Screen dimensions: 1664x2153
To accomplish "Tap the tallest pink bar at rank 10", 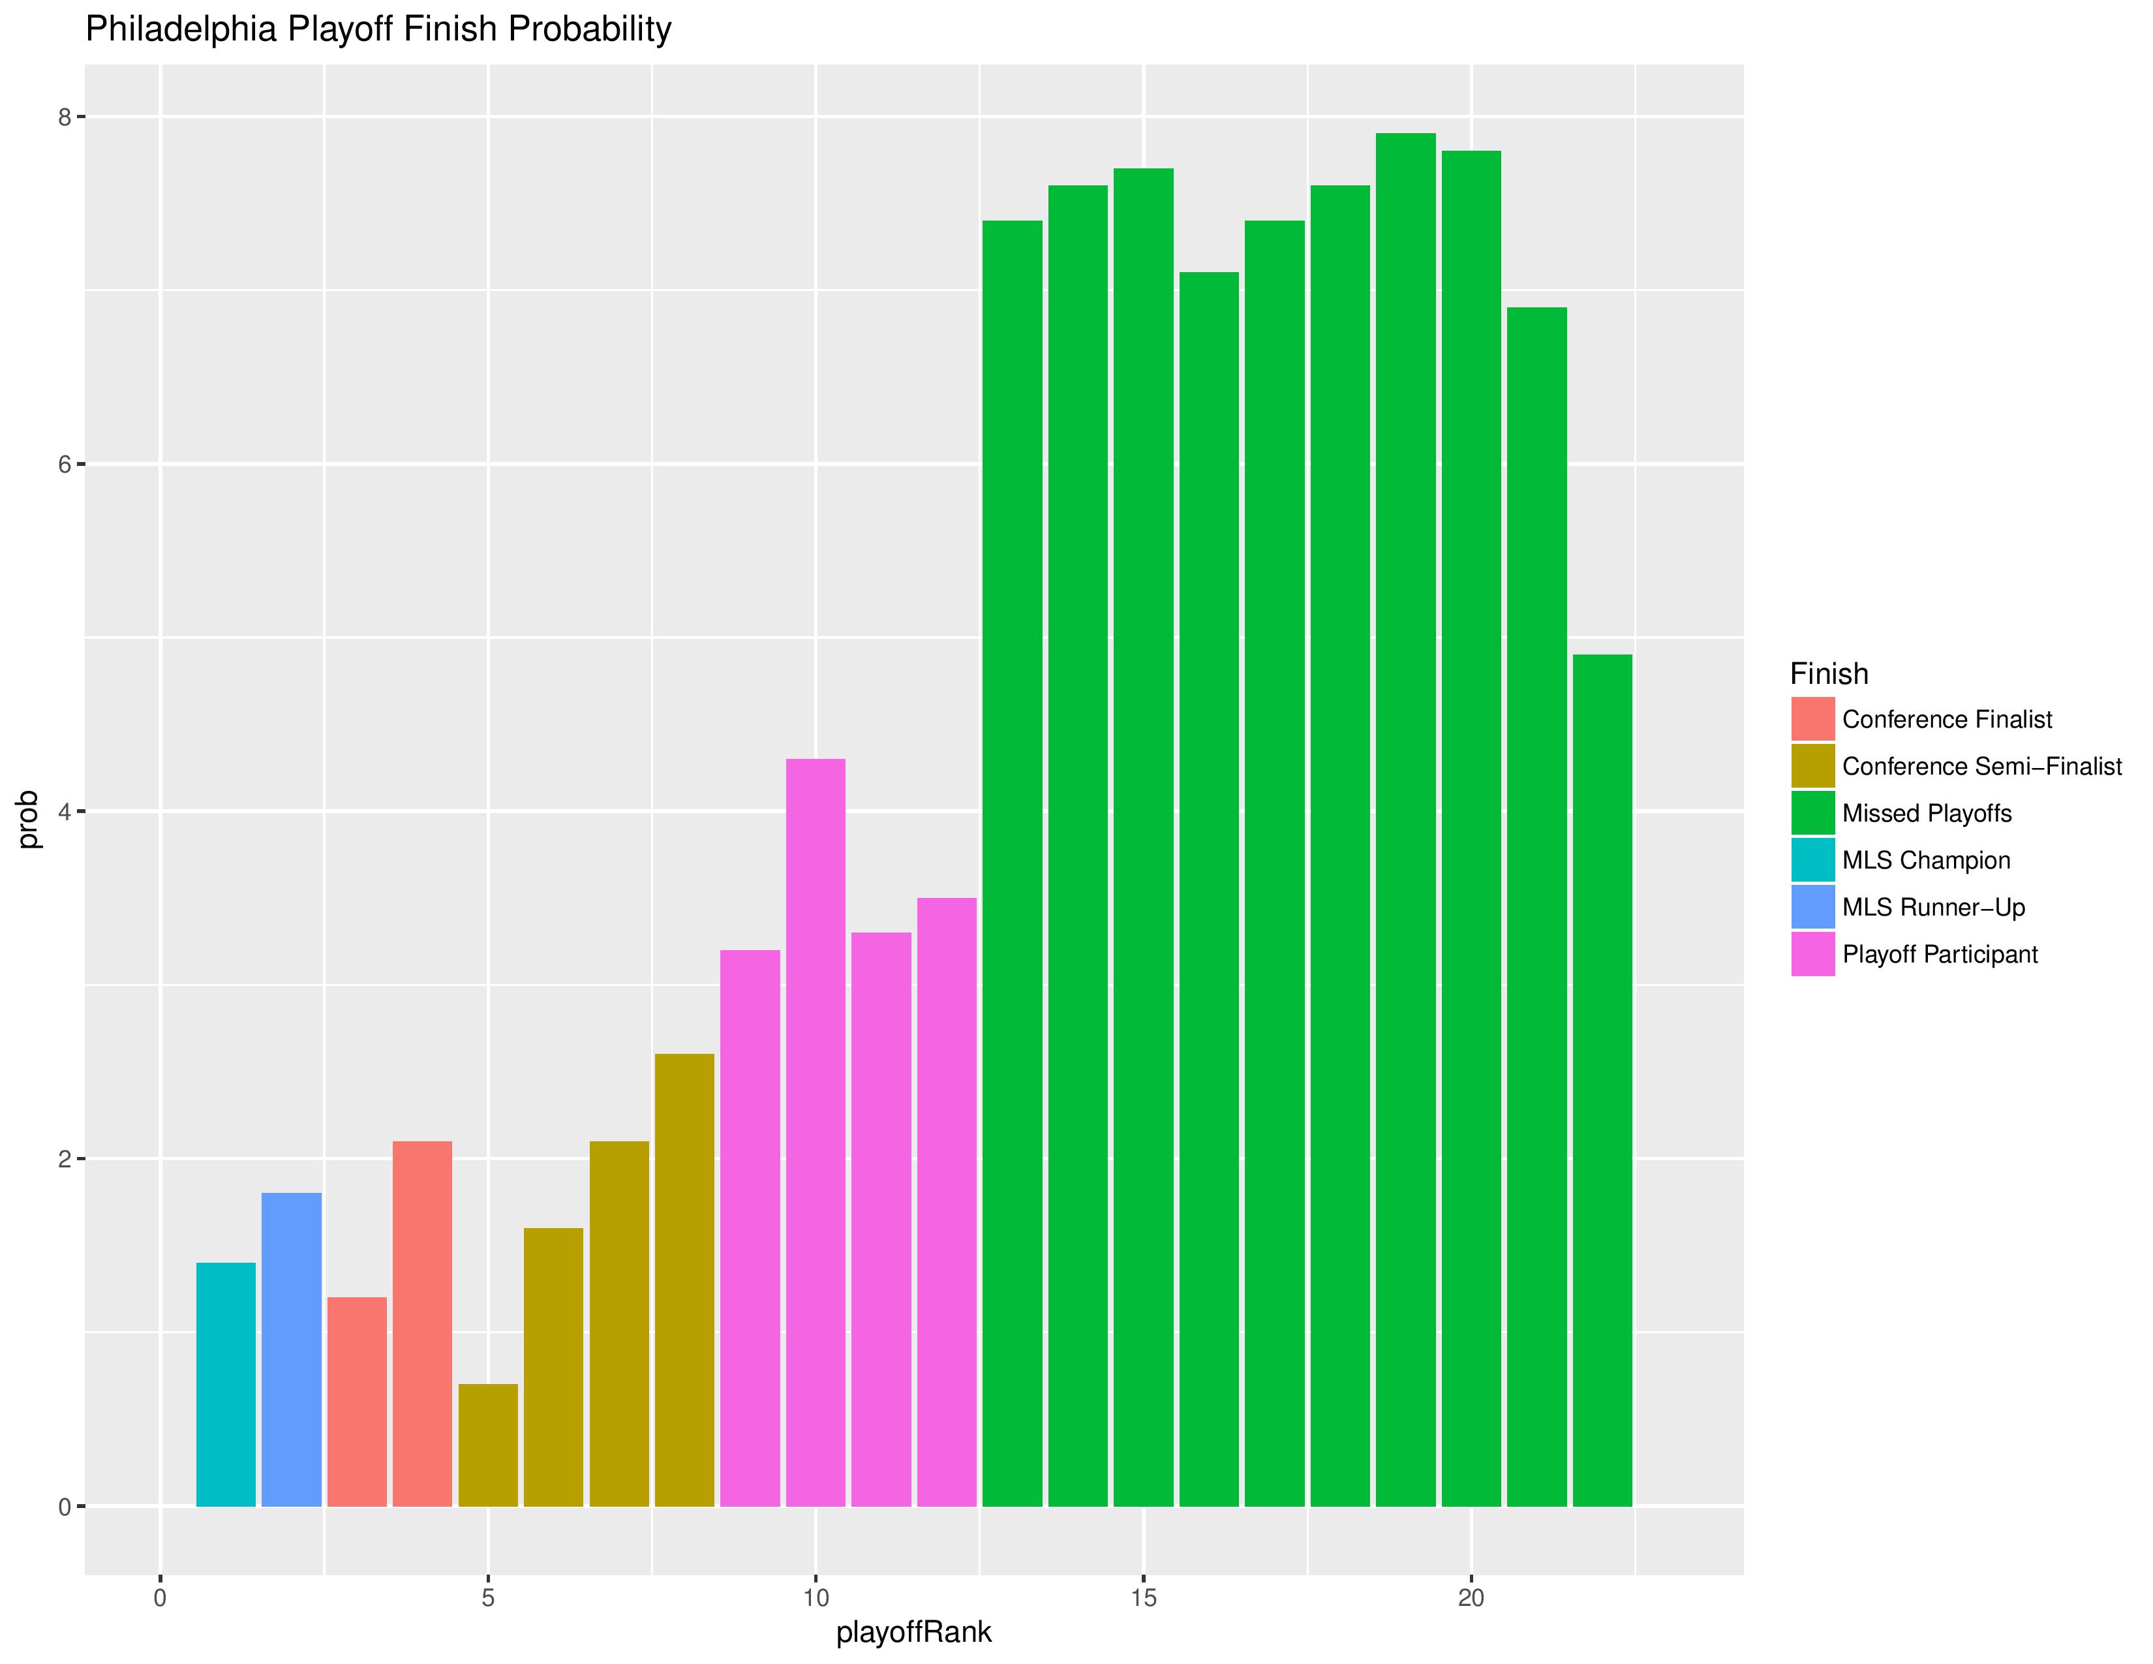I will (816, 1133).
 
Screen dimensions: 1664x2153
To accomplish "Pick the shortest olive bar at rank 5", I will (488, 1445).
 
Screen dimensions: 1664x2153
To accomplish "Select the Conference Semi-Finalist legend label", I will (1981, 766).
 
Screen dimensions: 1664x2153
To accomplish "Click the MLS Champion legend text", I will (1925, 861).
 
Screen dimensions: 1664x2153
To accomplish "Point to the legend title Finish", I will (1829, 673).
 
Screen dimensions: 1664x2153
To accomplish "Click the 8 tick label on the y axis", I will (65, 117).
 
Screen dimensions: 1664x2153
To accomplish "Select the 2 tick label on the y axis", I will (65, 1160).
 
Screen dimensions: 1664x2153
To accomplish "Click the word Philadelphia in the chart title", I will (181, 29).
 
